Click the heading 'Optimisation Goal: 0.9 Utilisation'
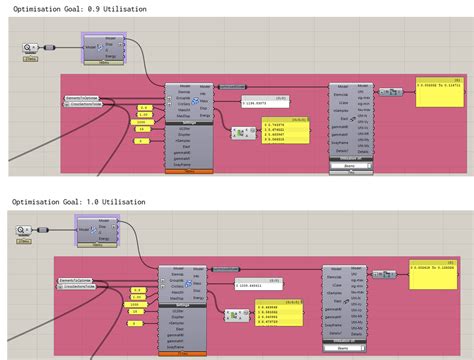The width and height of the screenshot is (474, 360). pos(79,8)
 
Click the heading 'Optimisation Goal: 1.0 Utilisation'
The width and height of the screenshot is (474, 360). pos(79,202)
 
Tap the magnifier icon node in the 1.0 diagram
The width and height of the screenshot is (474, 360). pos(23,231)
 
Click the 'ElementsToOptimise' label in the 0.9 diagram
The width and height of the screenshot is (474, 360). pos(84,96)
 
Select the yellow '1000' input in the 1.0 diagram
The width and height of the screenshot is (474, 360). pos(132,304)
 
